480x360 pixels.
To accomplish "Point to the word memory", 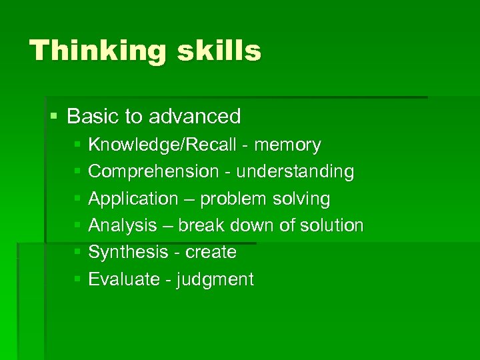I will point(288,145).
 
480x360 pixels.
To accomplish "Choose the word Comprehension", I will point(153,172).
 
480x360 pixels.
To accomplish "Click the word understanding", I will point(296,171).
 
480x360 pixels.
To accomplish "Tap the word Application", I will point(133,199).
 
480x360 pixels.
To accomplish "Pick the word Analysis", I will point(123,225).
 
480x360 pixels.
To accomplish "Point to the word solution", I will point(332,225).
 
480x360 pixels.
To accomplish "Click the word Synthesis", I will point(129,253).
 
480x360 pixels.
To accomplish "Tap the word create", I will point(211,253).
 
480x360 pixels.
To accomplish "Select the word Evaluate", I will point(124,279).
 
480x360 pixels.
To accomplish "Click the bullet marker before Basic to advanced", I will point(54,117).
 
